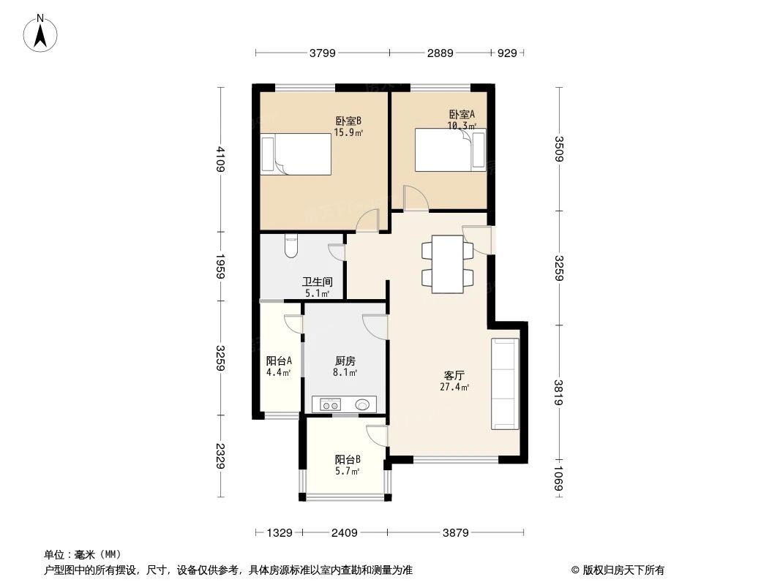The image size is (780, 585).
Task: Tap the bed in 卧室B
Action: (296, 154)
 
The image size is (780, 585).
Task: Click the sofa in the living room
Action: (506, 384)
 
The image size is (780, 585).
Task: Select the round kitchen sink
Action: (362, 404)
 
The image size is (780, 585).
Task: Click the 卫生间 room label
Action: (318, 282)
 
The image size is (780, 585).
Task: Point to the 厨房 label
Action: (345, 361)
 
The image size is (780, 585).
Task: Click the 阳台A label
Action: (279, 361)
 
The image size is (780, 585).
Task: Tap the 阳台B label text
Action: (348, 459)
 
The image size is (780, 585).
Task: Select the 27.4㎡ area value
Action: (454, 388)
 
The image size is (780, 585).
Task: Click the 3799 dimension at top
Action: (322, 53)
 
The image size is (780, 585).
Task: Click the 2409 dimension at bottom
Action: (343, 533)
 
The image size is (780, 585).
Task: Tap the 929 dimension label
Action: (507, 53)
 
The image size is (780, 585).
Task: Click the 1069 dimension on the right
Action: (559, 480)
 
